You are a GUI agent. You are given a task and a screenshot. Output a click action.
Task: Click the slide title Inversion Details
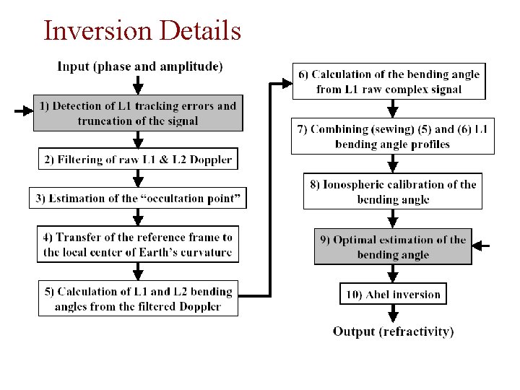142,30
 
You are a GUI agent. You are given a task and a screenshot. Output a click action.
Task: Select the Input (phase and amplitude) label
140,66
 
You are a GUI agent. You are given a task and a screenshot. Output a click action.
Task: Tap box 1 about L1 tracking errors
137,113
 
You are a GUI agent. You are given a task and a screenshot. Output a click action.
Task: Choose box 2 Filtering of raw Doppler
137,160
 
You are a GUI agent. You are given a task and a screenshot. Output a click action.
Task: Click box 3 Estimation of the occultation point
137,198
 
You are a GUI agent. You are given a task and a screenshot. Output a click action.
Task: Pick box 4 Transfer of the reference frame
137,244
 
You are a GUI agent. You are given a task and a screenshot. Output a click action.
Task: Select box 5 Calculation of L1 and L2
137,299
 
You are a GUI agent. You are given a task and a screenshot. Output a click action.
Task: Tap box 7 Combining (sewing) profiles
393,136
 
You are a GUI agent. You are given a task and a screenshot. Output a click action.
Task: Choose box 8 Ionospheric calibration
393,191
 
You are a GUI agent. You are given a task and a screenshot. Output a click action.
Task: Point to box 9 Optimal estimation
393,247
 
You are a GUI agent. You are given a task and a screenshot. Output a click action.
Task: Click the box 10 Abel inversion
393,294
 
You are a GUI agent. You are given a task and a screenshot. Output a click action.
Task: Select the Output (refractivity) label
393,331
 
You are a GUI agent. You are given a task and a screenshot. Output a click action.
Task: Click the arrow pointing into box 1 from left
23,112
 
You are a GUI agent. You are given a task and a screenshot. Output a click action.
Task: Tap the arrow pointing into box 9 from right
481,246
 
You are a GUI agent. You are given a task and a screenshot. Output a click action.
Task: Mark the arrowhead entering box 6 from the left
285,84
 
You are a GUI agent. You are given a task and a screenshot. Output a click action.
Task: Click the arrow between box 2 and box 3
138,179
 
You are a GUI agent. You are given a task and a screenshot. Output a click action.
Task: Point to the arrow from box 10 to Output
393,313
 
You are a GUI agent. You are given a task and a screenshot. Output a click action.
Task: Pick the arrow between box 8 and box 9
393,218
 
